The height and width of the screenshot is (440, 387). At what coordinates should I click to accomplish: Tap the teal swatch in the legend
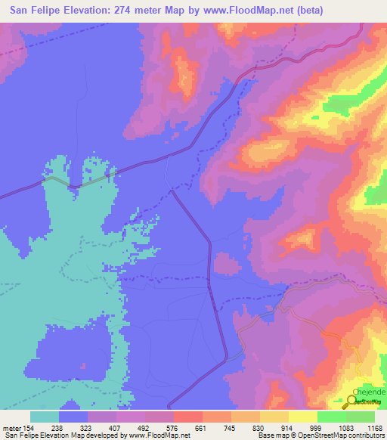pos(45,417)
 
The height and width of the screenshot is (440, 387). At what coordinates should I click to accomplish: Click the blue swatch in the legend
pos(73,417)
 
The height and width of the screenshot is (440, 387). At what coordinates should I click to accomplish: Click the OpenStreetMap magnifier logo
pos(352,402)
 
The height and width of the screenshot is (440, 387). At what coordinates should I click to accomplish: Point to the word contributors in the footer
pos(364,436)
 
